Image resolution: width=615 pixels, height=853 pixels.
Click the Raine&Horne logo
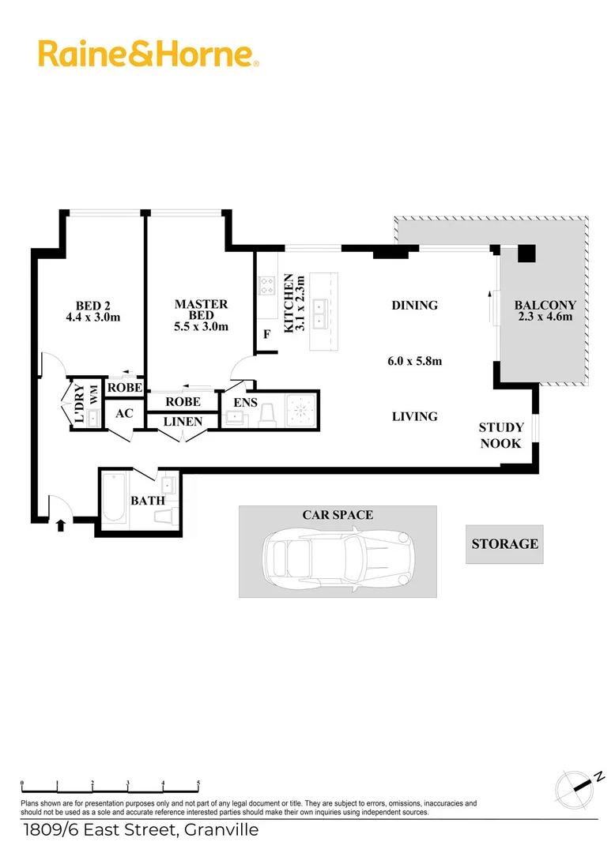point(148,54)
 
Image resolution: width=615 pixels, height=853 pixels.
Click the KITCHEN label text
point(289,304)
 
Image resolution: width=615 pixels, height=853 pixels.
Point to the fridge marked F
point(267,334)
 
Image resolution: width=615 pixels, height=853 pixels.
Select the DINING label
point(414,305)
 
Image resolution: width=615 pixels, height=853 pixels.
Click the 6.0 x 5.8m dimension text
point(414,362)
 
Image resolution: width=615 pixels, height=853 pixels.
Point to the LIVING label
point(415,416)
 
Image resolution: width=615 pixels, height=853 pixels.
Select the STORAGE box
point(504,544)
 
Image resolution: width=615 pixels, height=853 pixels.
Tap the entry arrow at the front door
point(61,524)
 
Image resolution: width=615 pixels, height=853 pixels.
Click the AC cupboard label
point(123,413)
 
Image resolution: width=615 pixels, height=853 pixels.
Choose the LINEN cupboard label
point(183,422)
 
